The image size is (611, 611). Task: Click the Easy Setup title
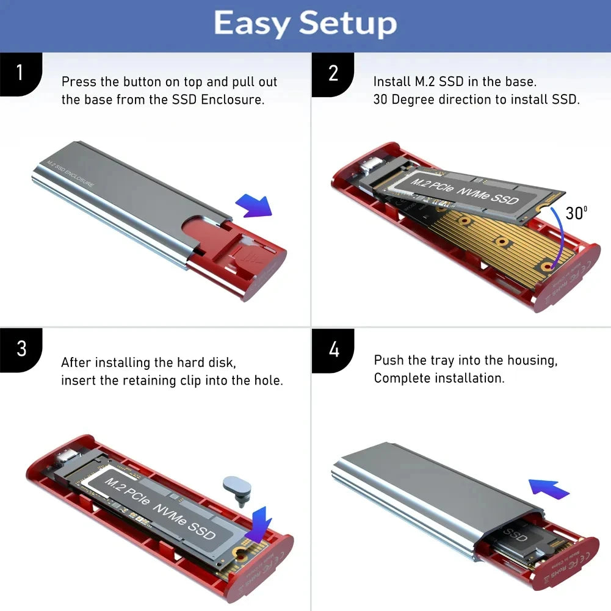point(305,24)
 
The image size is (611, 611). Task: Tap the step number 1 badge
point(20,73)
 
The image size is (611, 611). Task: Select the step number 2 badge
point(333,73)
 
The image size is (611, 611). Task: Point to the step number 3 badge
point(21,349)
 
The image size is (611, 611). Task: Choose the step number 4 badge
point(333,350)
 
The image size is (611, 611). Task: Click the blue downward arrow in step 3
point(258,522)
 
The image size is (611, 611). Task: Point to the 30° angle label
point(576,213)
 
